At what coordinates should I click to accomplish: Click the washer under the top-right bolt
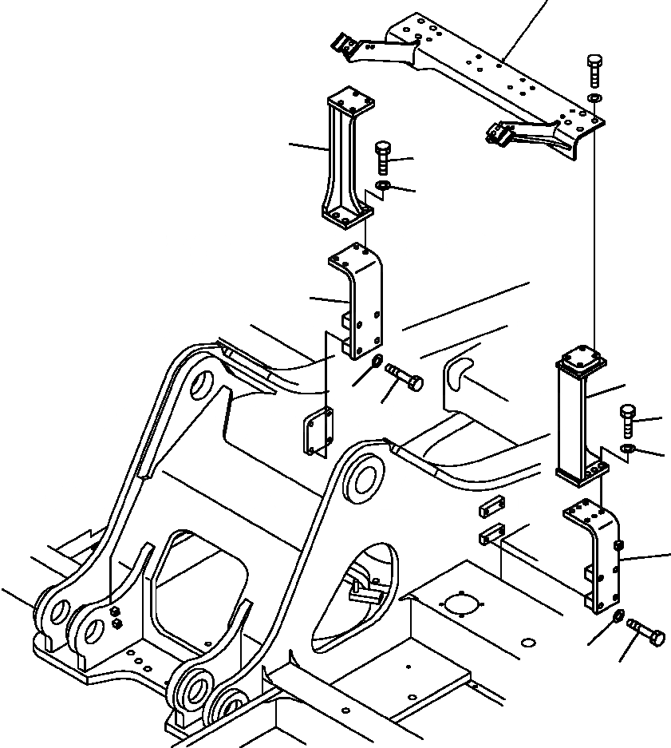click(x=594, y=97)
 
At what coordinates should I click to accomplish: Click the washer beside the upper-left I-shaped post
click(x=382, y=187)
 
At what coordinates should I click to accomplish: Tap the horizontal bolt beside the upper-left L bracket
click(x=405, y=377)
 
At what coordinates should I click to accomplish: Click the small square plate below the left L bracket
click(x=318, y=432)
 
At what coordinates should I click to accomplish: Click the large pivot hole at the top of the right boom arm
click(x=366, y=478)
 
